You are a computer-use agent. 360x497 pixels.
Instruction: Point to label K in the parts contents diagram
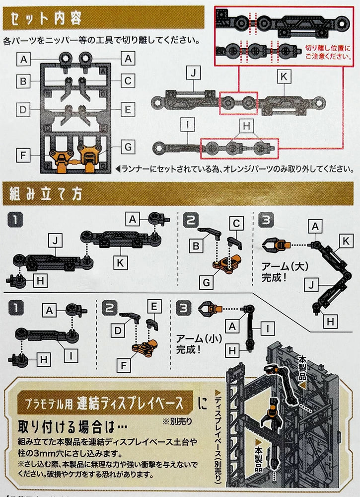coord(284,77)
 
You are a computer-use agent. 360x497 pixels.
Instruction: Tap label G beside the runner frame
coord(128,147)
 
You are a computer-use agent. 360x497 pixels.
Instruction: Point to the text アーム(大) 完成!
coord(281,271)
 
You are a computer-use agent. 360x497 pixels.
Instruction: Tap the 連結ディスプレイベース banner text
coord(134,402)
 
